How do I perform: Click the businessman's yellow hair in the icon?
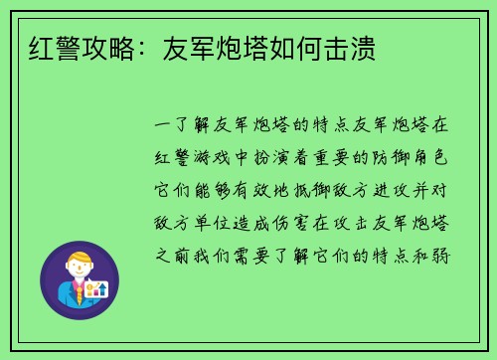point(79,261)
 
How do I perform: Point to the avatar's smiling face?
point(79,273)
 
